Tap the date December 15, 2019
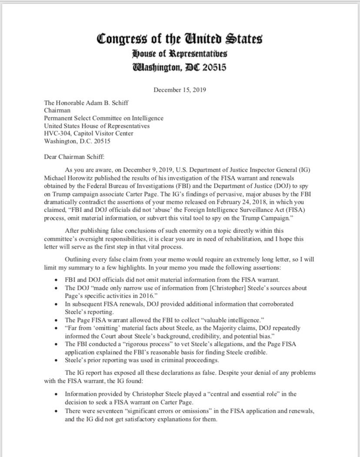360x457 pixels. (180, 90)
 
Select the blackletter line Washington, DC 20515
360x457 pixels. (180, 68)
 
